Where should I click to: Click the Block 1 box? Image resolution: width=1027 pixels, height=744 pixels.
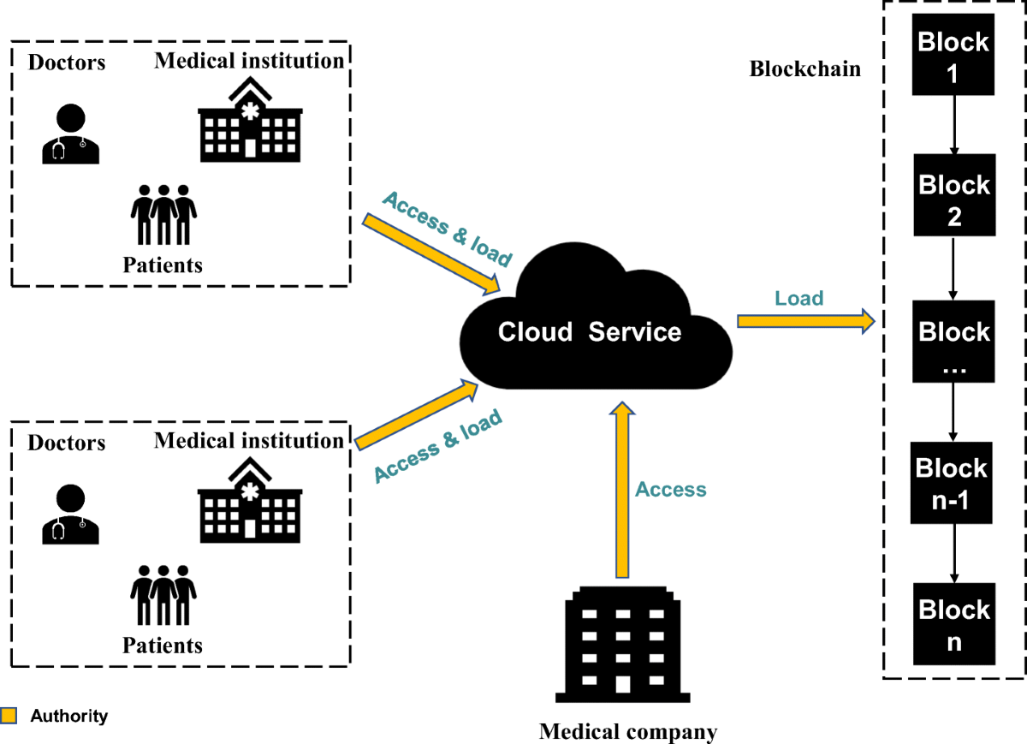pyautogui.click(x=953, y=56)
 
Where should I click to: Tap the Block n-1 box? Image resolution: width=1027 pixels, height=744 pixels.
pyautogui.click(x=952, y=483)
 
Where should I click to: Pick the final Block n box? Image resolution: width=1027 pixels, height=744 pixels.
pyautogui.click(x=953, y=624)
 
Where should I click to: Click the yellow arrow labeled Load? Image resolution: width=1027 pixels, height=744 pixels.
pyautogui.click(x=805, y=322)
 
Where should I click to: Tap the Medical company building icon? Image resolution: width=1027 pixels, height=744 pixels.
pyautogui.click(x=624, y=645)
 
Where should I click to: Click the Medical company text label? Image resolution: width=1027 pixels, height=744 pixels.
pyautogui.click(x=627, y=732)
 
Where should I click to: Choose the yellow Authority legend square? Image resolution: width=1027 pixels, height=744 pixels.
pyautogui.click(x=9, y=716)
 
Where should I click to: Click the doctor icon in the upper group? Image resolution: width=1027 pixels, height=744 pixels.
pyautogui.click(x=70, y=134)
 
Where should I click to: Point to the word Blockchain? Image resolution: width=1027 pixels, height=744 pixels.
pyautogui.click(x=804, y=69)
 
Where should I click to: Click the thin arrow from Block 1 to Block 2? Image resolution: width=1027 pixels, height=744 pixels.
pyautogui.click(x=953, y=125)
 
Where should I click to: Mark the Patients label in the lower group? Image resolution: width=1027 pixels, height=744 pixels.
pyautogui.click(x=163, y=645)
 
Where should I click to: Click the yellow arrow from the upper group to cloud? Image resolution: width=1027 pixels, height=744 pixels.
pyautogui.click(x=432, y=253)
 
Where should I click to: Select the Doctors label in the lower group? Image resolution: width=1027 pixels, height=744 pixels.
pyautogui.click(x=67, y=443)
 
